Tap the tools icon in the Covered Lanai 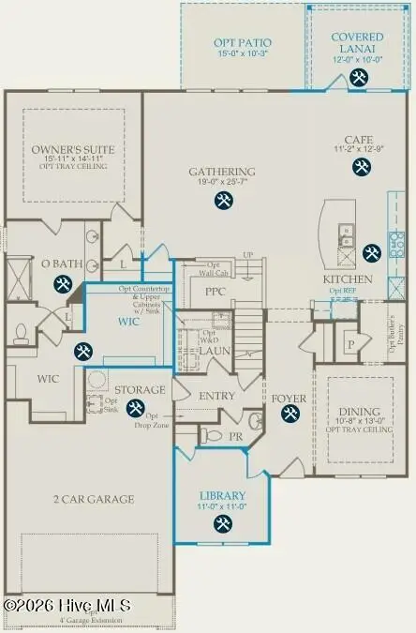[359, 79]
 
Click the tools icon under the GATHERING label [223, 200]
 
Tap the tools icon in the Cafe [361, 167]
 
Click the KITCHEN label [348, 279]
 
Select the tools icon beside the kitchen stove [371, 251]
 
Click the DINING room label [359, 412]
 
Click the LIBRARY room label [222, 495]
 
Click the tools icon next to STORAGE [135, 408]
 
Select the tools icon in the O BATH [63, 284]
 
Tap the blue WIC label [129, 321]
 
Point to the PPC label [215, 292]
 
